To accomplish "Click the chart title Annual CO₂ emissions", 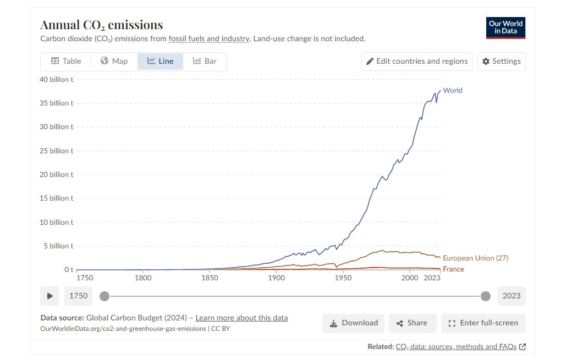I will [102, 25].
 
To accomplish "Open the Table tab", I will [66, 61].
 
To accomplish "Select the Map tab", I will [114, 61].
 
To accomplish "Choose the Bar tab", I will [205, 61].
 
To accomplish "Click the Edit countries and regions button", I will [416, 61].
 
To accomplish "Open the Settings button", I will [501, 61].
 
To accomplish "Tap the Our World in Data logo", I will [505, 27].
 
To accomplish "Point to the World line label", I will [453, 91].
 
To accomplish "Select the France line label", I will [453, 269].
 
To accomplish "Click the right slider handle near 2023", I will [486, 296].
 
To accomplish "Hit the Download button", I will [354, 323].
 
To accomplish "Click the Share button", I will [412, 323].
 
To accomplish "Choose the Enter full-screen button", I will [483, 323].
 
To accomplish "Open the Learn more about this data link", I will [241, 318].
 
